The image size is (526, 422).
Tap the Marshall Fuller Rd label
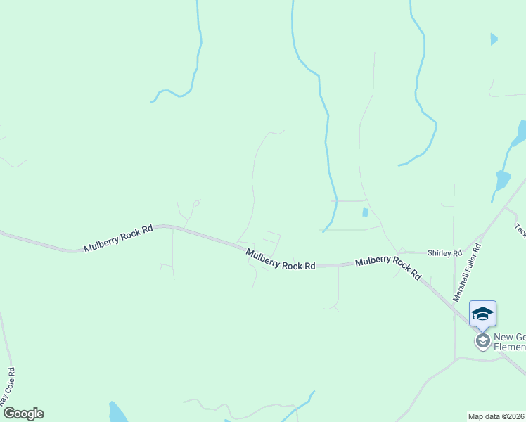(467, 273)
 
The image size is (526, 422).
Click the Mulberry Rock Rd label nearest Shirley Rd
(387, 268)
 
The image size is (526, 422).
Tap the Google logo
(23, 414)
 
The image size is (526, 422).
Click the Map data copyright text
(496, 416)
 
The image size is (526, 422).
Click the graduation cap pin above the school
(482, 313)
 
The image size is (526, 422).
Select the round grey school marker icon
(482, 341)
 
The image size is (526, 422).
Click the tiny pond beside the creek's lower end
(364, 212)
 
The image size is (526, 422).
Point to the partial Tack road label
(520, 230)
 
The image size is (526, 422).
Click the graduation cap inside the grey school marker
(482, 341)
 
